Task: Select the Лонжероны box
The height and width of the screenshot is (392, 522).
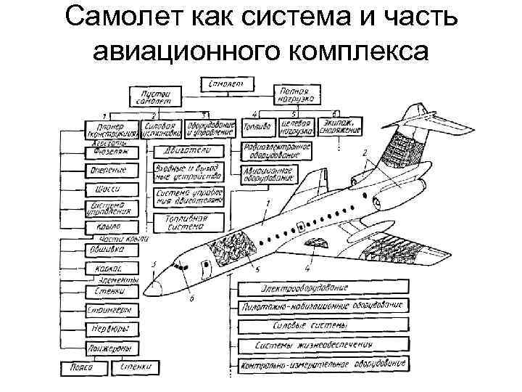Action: click(109, 346)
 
